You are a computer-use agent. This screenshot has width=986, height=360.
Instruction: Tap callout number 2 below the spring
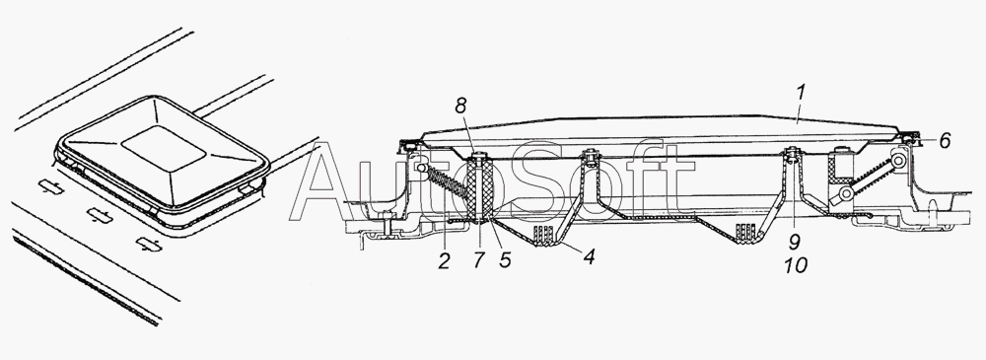click(x=445, y=260)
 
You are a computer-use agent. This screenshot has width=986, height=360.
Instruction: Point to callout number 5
click(x=505, y=260)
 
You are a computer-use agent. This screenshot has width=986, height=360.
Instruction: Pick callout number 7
click(x=478, y=260)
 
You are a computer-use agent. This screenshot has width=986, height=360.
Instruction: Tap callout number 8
click(x=462, y=106)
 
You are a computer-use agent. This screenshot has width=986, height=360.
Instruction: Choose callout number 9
click(x=795, y=241)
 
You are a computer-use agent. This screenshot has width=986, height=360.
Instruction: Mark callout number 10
click(x=795, y=265)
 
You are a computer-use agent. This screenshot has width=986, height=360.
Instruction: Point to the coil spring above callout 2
click(x=448, y=188)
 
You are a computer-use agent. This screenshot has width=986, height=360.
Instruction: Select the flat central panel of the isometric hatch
click(x=163, y=149)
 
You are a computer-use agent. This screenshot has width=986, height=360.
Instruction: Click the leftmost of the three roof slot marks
click(x=51, y=186)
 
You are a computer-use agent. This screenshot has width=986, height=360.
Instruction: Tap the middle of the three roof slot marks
click(x=100, y=215)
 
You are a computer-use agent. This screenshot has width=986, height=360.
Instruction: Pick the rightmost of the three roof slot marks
click(x=149, y=245)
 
